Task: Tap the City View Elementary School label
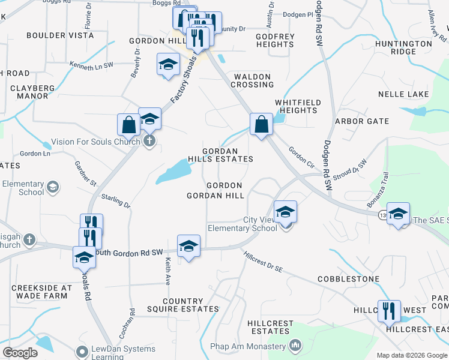click(x=243, y=224)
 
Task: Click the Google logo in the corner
click(x=20, y=353)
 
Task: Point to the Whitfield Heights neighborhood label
click(x=297, y=106)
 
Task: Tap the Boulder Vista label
click(x=60, y=35)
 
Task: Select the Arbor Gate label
click(x=362, y=121)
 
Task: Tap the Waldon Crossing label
click(x=253, y=80)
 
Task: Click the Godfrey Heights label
click(x=275, y=40)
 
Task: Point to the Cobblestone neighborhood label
click(x=349, y=279)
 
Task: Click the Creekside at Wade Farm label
click(x=42, y=292)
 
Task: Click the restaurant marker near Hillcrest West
click(x=389, y=311)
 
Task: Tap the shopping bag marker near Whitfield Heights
click(x=261, y=124)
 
